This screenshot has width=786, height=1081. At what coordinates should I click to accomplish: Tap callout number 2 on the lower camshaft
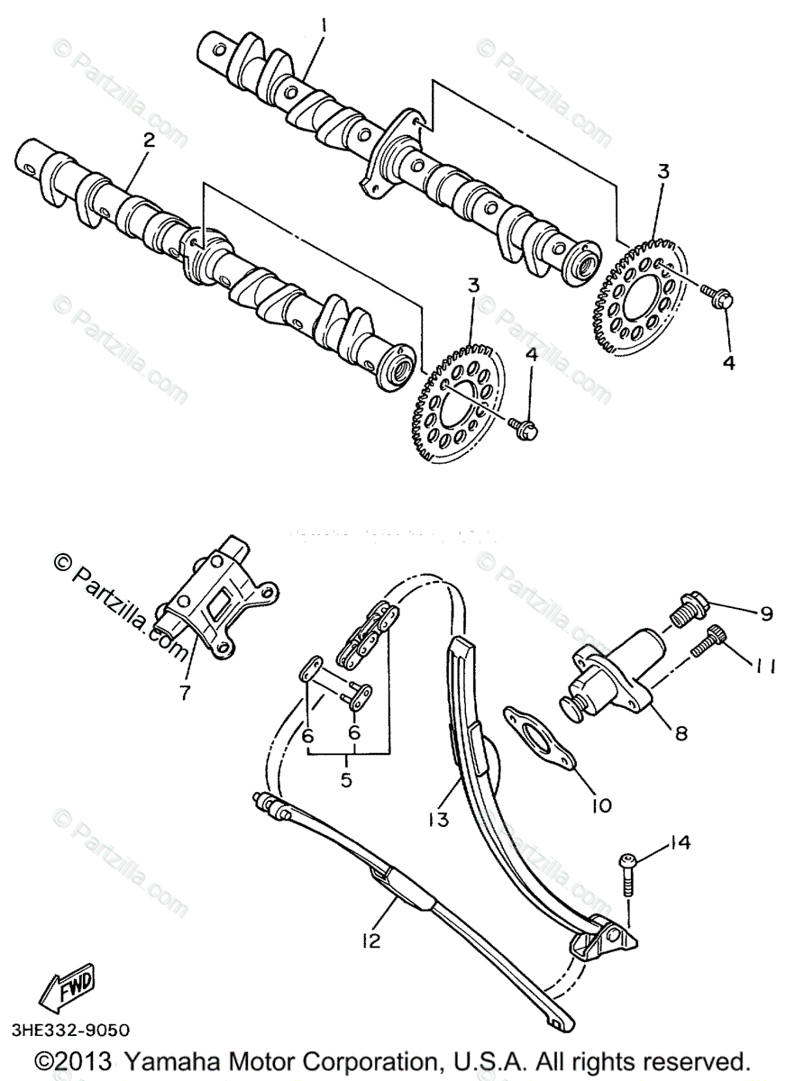pos(149,140)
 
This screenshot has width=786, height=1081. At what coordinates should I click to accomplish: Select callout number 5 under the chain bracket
pos(347,780)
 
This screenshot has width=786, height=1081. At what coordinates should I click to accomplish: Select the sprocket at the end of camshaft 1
pos(641,294)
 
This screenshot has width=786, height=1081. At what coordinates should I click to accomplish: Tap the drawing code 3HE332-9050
pos(71,1030)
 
